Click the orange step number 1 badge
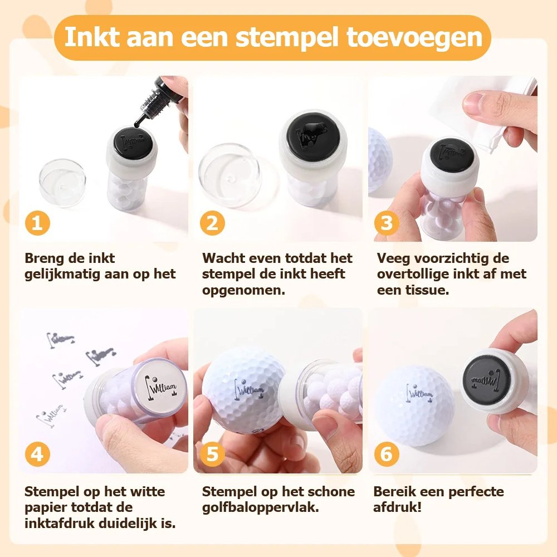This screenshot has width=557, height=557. [37, 223]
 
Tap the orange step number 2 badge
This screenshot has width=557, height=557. [212, 223]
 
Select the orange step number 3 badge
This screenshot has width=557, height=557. [387, 223]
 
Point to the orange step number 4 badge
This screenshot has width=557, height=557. [37, 455]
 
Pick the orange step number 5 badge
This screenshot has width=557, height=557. [212, 455]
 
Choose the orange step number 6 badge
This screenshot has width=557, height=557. [387, 455]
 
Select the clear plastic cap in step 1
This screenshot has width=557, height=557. [62, 182]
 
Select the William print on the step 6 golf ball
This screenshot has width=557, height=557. [419, 394]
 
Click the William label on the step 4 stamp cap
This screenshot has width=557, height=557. [162, 387]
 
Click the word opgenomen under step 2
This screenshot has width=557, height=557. [244, 290]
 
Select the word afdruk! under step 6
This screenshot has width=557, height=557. [397, 507]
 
